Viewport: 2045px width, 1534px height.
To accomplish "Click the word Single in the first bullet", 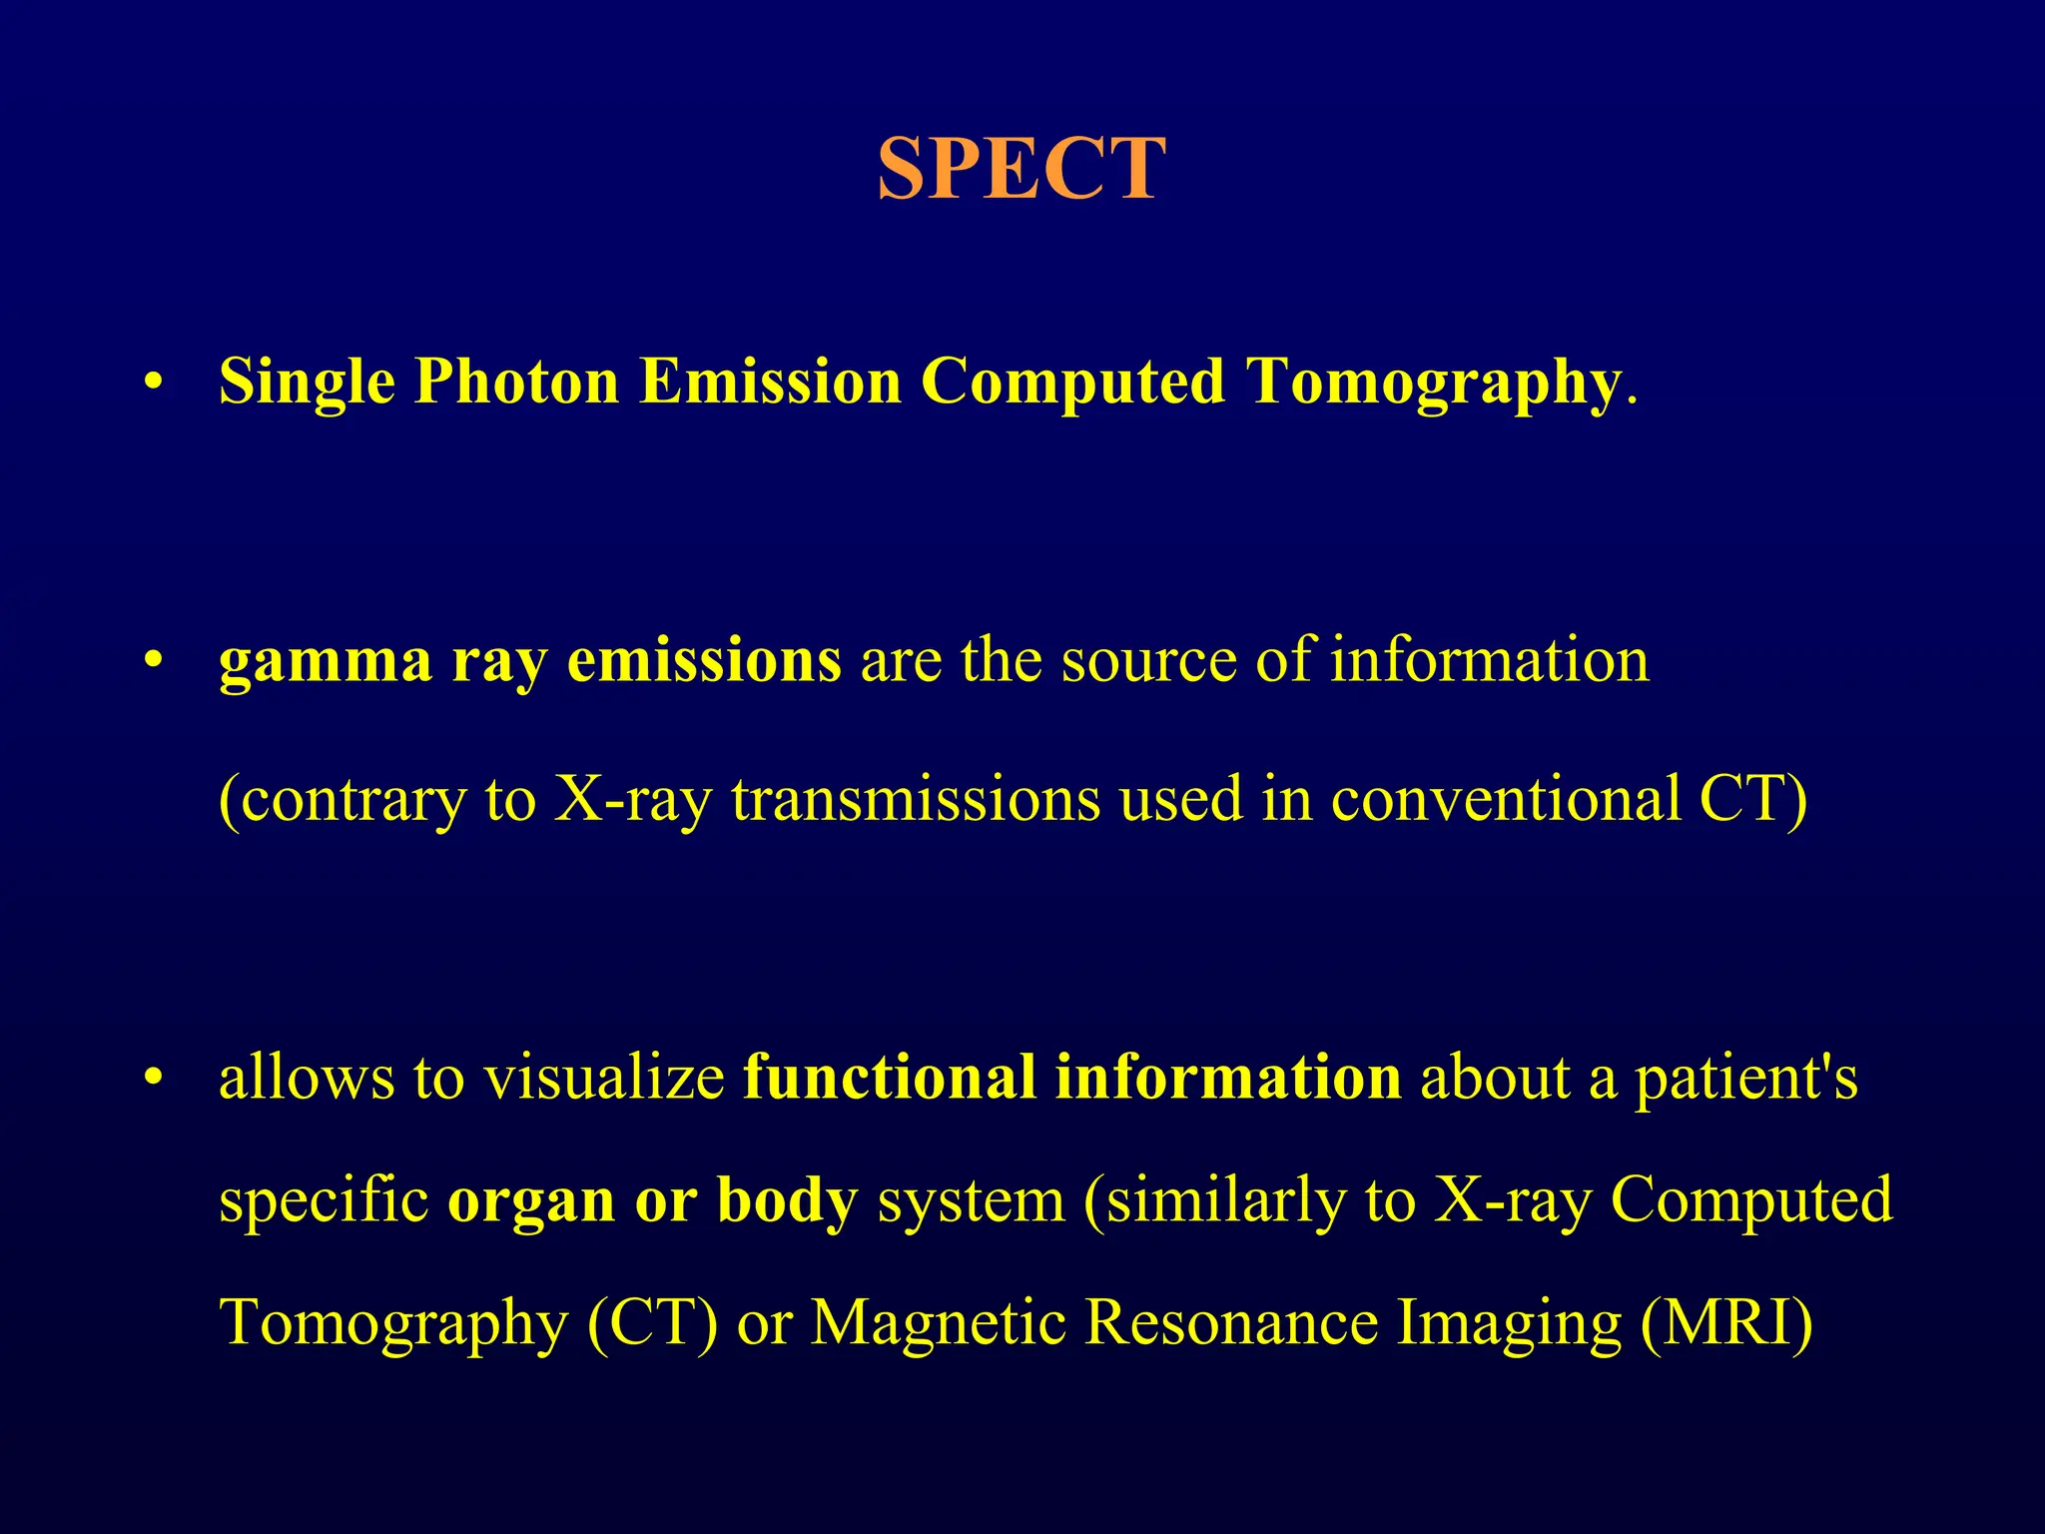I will [x=307, y=383].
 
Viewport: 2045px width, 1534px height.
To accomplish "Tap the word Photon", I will [x=516, y=383].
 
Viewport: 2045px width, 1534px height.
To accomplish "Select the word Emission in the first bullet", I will [x=770, y=383].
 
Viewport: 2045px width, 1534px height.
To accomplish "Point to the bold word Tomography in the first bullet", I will [x=1432, y=383].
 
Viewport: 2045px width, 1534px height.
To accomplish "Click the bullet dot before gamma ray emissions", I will [x=152, y=662].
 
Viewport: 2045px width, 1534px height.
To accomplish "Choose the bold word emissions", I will [x=704, y=662].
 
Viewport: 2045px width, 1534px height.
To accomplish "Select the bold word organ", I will [x=530, y=1201].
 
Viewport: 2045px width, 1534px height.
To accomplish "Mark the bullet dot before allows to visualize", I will [x=152, y=1080].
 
